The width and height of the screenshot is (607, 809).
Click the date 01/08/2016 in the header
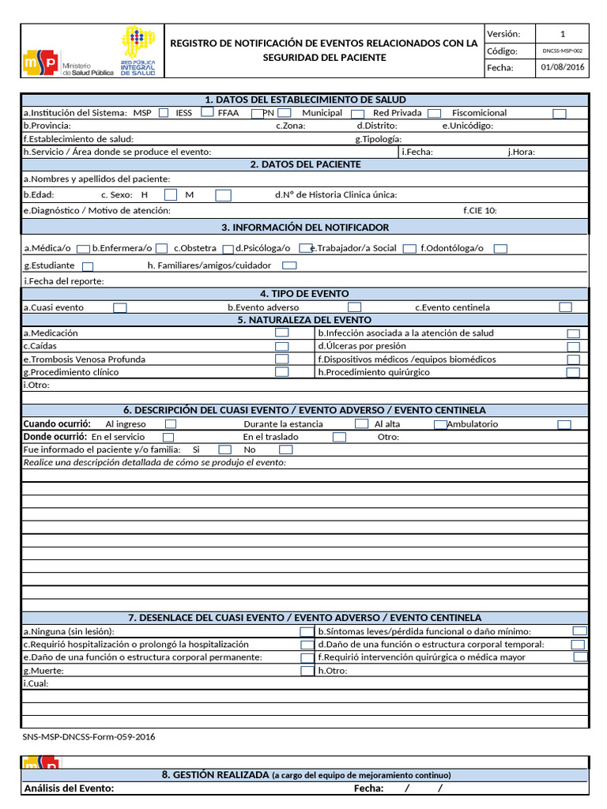click(562, 68)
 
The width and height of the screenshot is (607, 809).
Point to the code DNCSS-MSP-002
click(562, 51)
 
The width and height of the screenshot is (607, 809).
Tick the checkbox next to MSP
click(164, 113)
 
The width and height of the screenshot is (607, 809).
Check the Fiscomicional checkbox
click(559, 114)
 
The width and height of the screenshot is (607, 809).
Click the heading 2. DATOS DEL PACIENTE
click(305, 164)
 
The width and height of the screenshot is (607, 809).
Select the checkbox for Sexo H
click(171, 194)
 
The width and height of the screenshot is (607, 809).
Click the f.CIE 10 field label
click(480, 211)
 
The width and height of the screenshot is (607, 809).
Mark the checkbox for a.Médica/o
click(82, 249)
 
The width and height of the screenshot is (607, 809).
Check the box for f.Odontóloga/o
click(500, 249)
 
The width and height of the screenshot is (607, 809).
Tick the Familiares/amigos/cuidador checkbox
click(289, 266)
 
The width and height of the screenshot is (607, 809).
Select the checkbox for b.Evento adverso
click(355, 307)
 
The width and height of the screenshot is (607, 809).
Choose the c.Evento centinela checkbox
click(565, 307)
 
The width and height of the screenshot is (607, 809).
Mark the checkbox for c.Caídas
click(281, 347)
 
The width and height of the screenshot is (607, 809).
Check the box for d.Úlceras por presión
click(573, 347)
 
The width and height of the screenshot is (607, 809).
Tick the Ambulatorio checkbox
click(564, 424)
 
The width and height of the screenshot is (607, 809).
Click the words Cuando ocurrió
click(56, 424)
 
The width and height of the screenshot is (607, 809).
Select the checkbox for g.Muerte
click(307, 671)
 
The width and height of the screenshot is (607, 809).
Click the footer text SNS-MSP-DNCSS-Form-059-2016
click(89, 737)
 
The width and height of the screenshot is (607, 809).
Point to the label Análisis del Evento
click(70, 788)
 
